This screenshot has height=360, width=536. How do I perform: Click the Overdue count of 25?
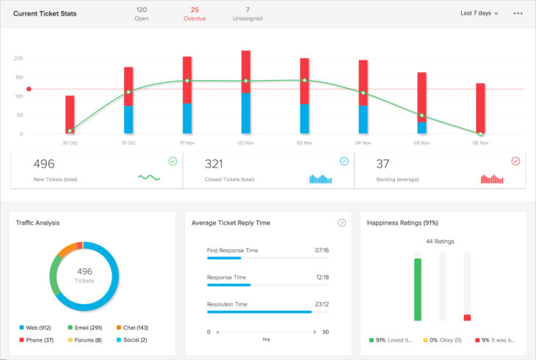point(195,10)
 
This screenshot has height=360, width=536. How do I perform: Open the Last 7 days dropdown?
point(479,13)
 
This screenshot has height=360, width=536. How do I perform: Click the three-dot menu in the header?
point(518,13)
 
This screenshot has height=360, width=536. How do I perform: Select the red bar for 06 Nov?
point(480,107)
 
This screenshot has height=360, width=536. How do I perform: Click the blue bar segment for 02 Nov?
point(245,113)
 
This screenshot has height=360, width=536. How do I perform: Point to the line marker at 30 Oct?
point(70,131)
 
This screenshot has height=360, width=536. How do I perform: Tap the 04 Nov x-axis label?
point(363,143)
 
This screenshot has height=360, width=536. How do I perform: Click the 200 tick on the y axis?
point(18,58)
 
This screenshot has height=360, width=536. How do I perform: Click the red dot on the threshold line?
point(29,90)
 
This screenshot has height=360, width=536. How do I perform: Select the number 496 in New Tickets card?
point(45,164)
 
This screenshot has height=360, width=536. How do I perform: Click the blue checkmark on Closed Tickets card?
point(344,161)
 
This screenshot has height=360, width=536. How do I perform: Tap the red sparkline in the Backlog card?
point(493,179)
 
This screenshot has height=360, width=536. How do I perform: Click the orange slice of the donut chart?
point(66,248)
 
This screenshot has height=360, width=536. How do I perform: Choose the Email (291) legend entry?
point(84,327)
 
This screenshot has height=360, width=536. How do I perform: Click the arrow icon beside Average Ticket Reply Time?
point(341,223)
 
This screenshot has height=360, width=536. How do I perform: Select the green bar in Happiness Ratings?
point(418,289)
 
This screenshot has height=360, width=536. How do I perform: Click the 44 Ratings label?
point(441,242)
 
